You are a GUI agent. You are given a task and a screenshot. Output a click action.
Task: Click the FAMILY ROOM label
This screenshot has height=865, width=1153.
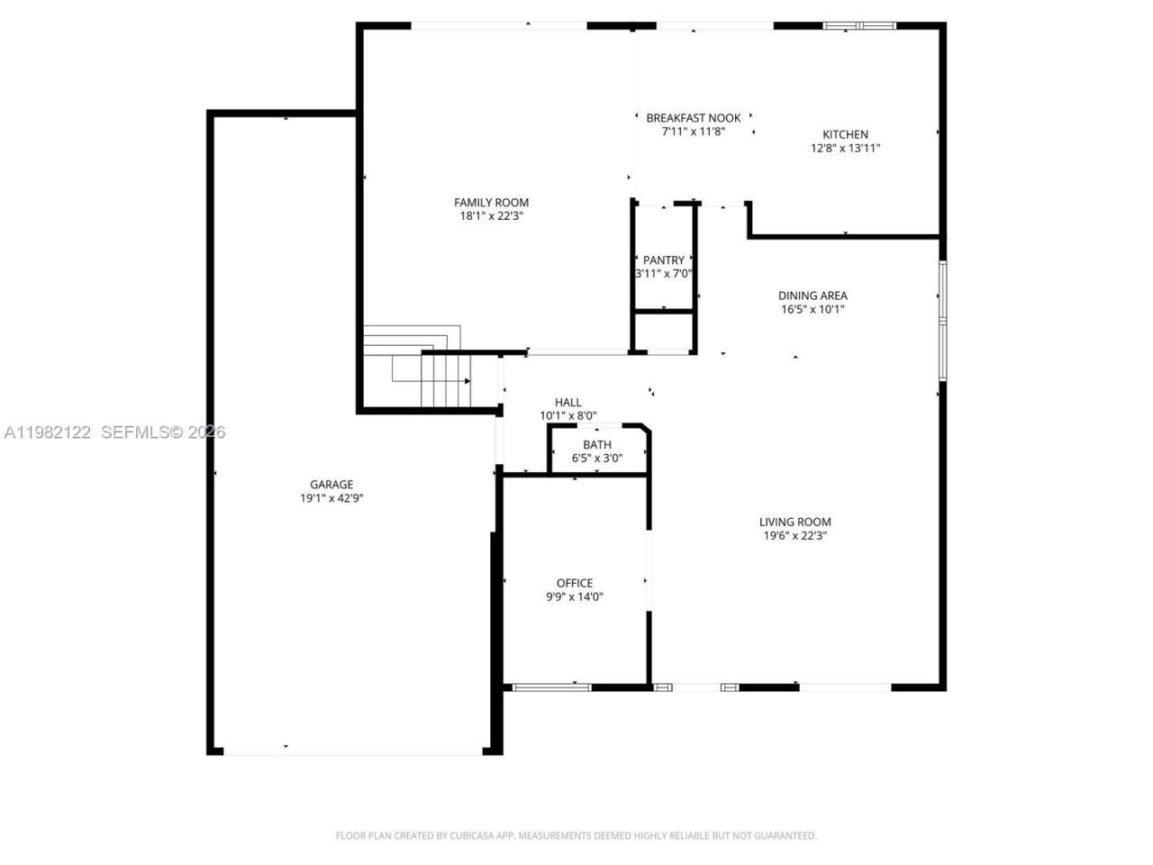[491, 203]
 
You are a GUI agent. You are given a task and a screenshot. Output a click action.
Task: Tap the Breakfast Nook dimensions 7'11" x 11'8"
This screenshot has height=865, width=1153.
[693, 132]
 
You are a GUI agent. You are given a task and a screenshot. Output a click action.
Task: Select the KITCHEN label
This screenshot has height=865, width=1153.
[845, 134]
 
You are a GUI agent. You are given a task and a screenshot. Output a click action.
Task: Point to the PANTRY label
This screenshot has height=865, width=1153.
[664, 260]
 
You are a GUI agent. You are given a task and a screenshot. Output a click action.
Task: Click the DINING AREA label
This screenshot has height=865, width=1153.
[813, 296]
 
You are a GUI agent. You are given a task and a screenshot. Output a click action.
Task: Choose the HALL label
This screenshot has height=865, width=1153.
[567, 402]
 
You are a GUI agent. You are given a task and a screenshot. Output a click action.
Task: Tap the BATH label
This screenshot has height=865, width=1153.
[596, 444]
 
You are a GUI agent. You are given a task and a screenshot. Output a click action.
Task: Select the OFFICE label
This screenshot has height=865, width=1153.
[575, 583]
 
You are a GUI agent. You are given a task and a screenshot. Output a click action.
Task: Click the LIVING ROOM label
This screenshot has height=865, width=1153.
[794, 522]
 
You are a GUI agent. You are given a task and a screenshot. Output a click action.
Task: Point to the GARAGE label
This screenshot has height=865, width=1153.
[331, 484]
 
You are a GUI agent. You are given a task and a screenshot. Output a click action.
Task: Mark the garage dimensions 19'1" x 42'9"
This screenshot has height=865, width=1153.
[331, 498]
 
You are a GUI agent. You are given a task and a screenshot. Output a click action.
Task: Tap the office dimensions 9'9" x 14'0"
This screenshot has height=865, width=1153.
[575, 596]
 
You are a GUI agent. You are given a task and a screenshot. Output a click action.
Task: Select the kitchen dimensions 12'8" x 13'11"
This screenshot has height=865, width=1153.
[845, 149]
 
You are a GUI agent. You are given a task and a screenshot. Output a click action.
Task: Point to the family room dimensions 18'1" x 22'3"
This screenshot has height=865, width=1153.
[491, 216]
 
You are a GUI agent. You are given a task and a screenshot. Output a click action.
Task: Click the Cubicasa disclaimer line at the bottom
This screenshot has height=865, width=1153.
[576, 836]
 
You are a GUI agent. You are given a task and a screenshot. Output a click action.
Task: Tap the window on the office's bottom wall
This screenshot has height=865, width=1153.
[551, 687]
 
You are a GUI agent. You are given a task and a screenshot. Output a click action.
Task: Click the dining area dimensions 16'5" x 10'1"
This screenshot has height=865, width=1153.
[813, 309]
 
